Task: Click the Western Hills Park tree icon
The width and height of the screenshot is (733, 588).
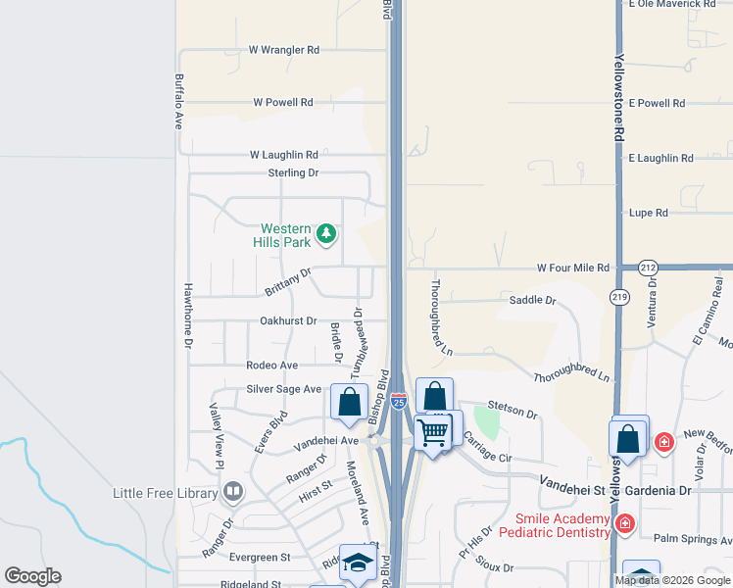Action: (x=327, y=234)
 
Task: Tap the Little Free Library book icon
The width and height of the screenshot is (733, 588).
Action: (x=233, y=492)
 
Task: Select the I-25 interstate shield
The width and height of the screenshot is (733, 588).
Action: (x=398, y=401)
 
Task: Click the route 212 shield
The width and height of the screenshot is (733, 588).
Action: (x=648, y=268)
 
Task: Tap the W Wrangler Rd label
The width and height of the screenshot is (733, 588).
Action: (x=284, y=49)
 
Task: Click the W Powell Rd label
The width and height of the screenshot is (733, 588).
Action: (x=282, y=102)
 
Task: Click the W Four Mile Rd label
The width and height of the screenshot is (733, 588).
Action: (x=572, y=268)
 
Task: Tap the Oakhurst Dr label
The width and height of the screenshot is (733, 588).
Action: (x=289, y=320)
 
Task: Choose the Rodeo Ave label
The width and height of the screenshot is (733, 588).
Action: (x=272, y=366)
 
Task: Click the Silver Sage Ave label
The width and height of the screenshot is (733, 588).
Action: (x=284, y=389)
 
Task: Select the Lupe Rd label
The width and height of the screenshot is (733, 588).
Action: (x=648, y=213)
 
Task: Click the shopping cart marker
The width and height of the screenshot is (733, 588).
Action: (x=432, y=431)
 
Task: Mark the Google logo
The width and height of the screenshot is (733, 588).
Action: (x=32, y=576)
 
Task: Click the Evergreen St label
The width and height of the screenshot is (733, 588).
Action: (x=261, y=557)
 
